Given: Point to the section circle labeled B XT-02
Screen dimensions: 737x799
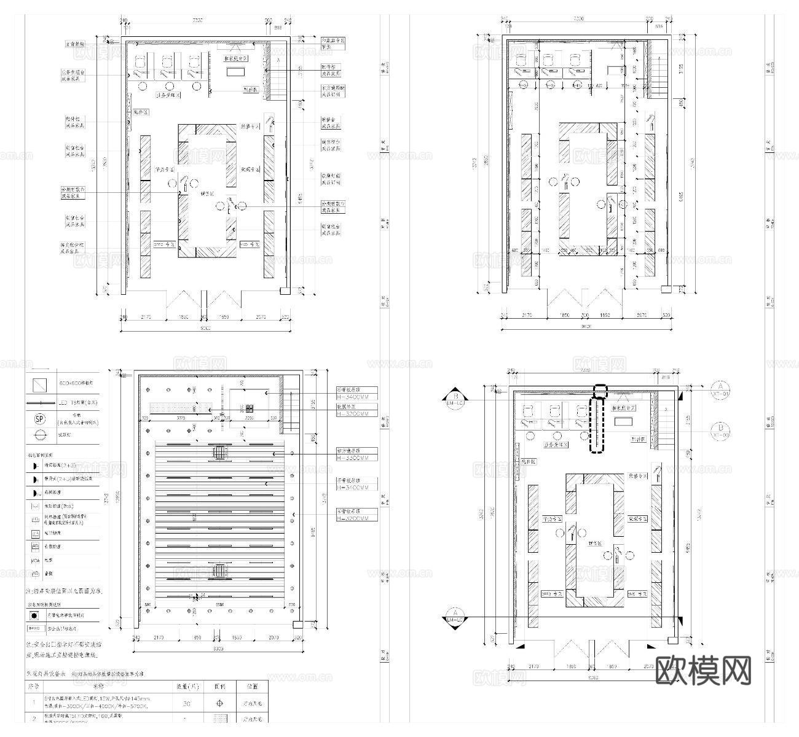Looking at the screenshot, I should click(720, 431).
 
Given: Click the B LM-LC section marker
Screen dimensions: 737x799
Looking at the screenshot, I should click(455, 397).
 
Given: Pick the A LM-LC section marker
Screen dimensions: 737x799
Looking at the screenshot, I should click(455, 617).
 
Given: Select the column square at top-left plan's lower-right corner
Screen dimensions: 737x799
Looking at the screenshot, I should click(285, 291).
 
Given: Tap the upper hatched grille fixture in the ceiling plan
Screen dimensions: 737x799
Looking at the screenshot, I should click(219, 453).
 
